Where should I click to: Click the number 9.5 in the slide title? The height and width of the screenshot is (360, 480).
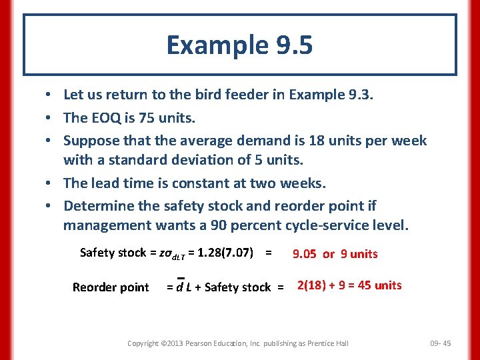293,45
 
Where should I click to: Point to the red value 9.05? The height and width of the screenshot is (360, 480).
305,254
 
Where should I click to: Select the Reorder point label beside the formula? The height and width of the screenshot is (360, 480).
111,287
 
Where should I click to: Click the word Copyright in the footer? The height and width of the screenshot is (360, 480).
143,343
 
